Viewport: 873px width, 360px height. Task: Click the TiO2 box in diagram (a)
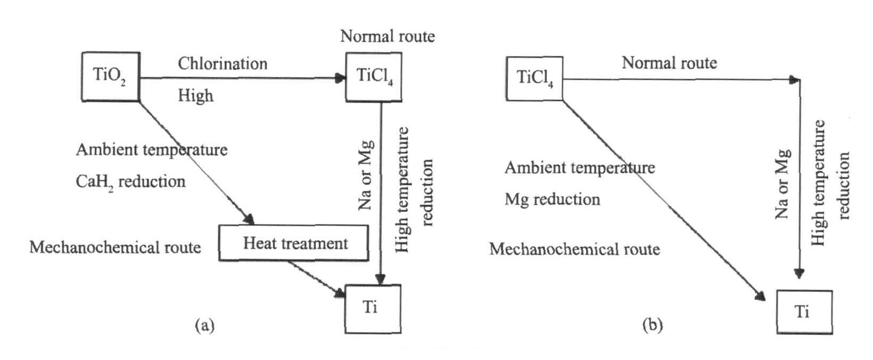click(x=110, y=77)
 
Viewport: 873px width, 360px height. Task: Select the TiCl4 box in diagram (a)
click(x=373, y=77)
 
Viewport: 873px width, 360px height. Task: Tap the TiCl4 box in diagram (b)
click(x=534, y=78)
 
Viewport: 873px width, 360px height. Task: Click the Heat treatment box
click(x=294, y=243)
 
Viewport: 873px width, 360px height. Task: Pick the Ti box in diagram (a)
click(x=372, y=308)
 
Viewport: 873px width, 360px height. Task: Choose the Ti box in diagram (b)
click(x=804, y=312)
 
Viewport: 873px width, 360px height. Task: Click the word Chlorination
click(x=222, y=63)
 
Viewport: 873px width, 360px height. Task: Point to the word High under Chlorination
click(x=195, y=96)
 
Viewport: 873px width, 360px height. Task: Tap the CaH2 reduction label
click(x=130, y=182)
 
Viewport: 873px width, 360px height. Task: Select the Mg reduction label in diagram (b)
click(x=552, y=199)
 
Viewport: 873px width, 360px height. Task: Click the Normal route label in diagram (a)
click(x=387, y=36)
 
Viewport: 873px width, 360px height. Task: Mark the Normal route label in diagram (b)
click(x=669, y=63)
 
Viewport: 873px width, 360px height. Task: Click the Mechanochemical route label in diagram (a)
click(x=115, y=247)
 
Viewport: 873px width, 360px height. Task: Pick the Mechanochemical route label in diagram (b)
click(x=575, y=249)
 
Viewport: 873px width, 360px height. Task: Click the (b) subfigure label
click(x=652, y=325)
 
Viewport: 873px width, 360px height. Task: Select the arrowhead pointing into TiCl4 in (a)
click(x=340, y=79)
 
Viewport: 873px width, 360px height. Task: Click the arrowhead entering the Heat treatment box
click(x=248, y=219)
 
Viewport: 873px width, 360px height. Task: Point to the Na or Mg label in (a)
click(x=365, y=175)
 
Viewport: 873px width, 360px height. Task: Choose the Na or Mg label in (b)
click(x=782, y=184)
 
